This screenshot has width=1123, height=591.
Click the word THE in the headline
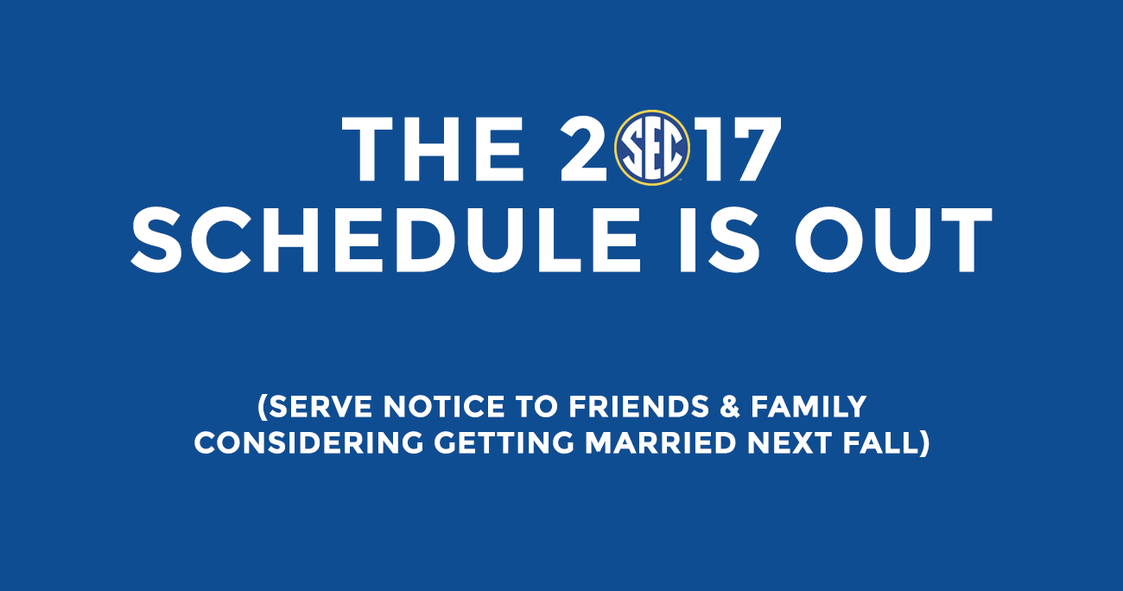[433, 149]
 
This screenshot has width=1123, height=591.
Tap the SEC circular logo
[652, 148]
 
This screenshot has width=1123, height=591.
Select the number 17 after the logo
[740, 149]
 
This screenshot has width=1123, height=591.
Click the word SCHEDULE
[386, 239]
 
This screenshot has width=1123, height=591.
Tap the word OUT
[893, 239]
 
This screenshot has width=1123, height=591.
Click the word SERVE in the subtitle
[320, 407]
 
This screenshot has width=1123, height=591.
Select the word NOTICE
[444, 407]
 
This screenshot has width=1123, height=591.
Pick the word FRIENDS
[639, 407]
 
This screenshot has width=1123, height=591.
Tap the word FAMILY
[809, 407]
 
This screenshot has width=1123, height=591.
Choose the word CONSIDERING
[309, 443]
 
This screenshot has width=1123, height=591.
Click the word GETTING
[504, 443]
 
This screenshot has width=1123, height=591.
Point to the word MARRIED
[661, 443]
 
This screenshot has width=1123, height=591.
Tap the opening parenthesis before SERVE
[263, 408]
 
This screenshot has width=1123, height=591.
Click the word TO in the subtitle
[537, 407]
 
